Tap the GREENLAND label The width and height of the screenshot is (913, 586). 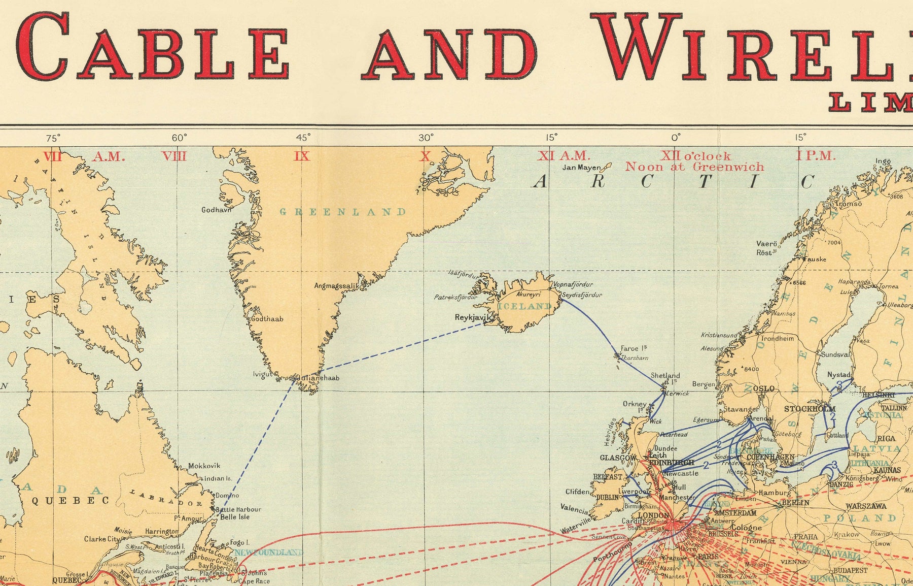tap(343, 212)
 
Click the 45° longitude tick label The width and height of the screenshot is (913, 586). tap(303, 138)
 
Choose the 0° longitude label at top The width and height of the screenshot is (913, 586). tap(676, 138)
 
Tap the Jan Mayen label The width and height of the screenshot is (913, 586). tap(581, 167)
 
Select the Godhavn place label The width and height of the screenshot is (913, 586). tap(217, 209)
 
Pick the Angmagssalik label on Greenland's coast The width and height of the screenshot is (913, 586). tap(336, 286)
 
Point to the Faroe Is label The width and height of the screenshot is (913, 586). tap(634, 348)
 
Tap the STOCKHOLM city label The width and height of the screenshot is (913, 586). tap(810, 409)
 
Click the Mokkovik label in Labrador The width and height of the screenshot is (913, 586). tap(204, 466)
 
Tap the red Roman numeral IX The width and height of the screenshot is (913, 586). tap(302, 156)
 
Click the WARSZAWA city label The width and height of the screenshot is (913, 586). tap(866, 506)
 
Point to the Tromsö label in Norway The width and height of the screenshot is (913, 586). tap(849, 204)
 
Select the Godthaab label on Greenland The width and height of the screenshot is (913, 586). tap(267, 319)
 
